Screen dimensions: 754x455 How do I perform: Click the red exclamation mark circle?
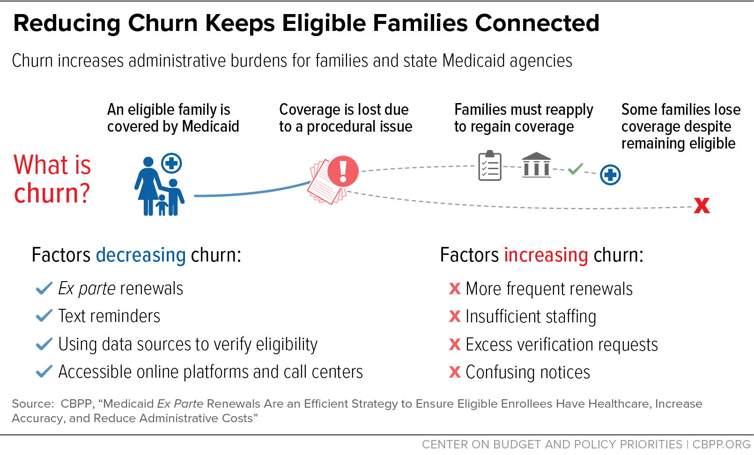343,171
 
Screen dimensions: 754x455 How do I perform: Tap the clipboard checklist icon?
490,165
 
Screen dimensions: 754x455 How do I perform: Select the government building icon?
536,164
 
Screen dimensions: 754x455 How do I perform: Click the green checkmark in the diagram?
575,169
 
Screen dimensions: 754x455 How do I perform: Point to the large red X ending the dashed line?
702,205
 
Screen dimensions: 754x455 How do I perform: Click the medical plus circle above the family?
171,164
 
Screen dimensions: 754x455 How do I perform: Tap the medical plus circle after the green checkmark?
610,175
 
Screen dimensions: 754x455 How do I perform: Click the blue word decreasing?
140,255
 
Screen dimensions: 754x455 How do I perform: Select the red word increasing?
546,255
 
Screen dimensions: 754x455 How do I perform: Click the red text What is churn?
52,179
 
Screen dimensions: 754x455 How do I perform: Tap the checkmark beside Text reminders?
44,315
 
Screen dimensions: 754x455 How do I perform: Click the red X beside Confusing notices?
455,372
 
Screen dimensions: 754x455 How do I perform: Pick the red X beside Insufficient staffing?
455,316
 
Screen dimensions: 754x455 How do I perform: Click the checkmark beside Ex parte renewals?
44,288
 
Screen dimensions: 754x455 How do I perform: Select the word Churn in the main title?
163,23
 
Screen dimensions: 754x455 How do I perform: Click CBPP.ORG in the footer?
721,444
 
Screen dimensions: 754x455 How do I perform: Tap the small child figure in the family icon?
162,205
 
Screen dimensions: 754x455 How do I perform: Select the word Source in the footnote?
32,403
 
